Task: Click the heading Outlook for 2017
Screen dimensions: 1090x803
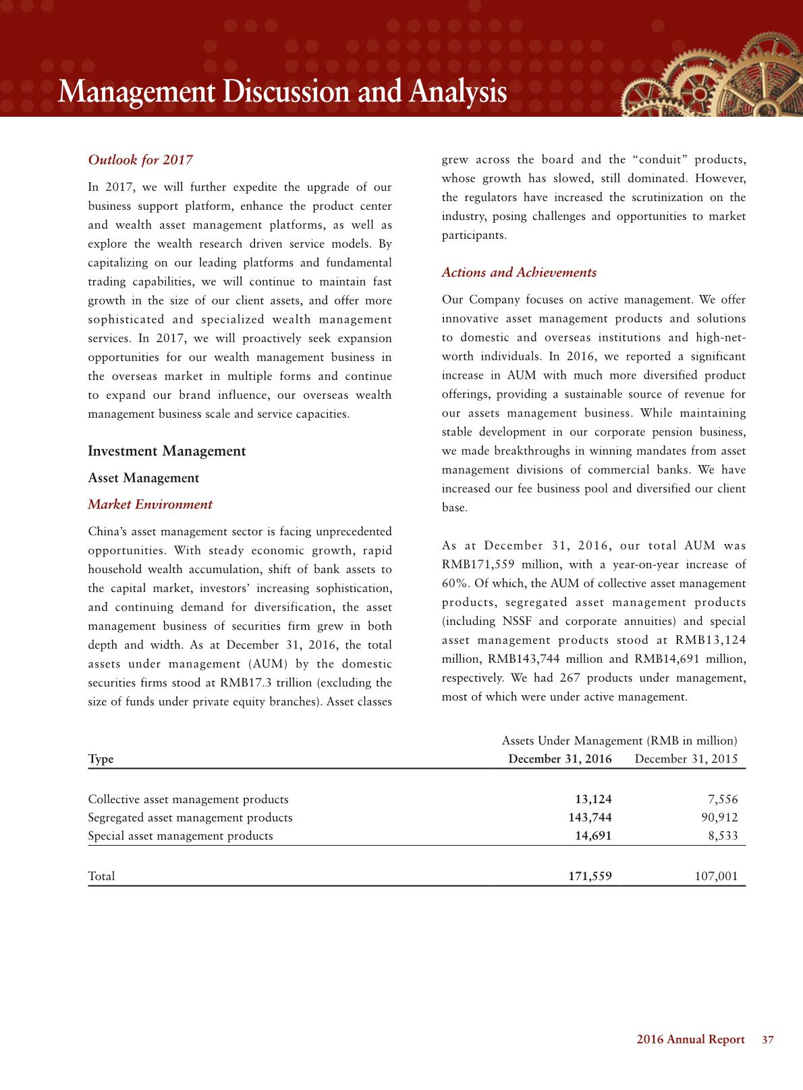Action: coord(140,160)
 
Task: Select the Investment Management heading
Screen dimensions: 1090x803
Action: coord(167,451)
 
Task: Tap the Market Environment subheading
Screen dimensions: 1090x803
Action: coord(150,504)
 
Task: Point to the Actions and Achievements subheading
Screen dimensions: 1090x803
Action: coord(518,273)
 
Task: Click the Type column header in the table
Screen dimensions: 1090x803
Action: coord(101,759)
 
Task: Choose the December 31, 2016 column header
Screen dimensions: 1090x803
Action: coord(559,759)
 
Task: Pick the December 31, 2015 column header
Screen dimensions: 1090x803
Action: coord(686,759)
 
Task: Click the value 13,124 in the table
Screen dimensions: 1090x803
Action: coord(592,799)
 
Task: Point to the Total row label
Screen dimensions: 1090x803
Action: coord(101,876)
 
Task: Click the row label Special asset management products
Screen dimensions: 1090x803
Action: coord(180,836)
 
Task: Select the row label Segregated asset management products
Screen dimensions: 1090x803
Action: coord(190,817)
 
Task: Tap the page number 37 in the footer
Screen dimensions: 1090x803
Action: coord(767,1040)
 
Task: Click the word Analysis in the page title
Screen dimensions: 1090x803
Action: coord(457,92)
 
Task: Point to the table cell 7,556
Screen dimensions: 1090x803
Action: coord(722,799)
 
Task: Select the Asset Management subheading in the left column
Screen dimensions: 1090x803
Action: coord(143,478)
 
